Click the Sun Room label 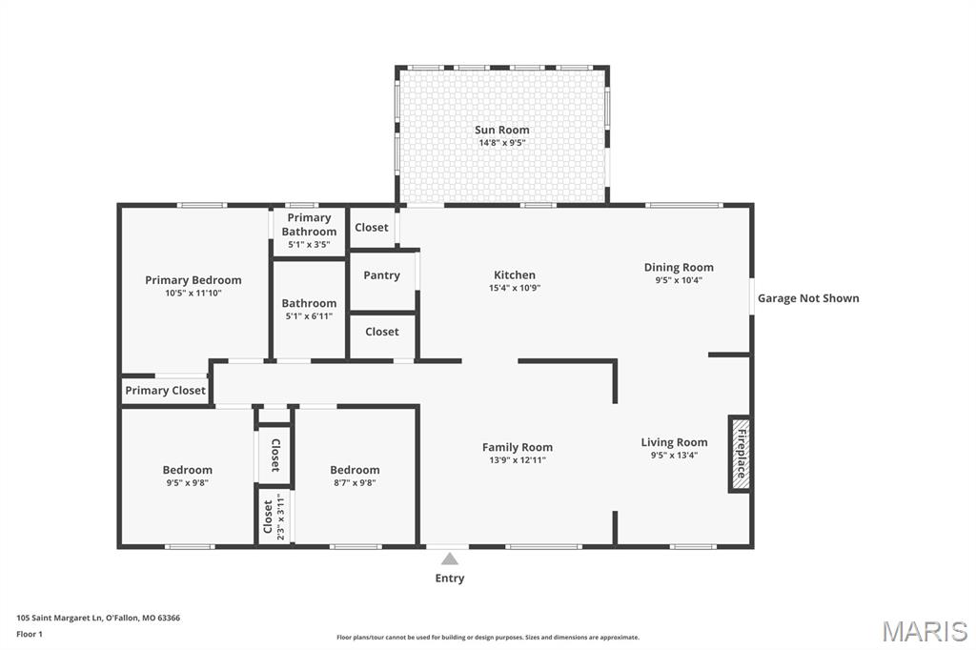[x=501, y=130]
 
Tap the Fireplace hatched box [x=740, y=454]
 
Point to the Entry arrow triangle [x=450, y=559]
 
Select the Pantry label [x=381, y=275]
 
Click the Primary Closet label [x=165, y=391]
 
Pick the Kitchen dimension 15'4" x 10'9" [x=514, y=288]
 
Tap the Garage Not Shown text [x=808, y=298]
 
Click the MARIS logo [x=925, y=631]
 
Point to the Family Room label [x=518, y=447]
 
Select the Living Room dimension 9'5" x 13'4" [x=674, y=456]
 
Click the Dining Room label [x=679, y=267]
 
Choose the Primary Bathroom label [x=309, y=224]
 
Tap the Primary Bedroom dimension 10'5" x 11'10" [x=193, y=294]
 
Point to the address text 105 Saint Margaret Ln [x=59, y=619]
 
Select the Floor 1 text [x=30, y=635]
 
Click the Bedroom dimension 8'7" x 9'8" [x=355, y=482]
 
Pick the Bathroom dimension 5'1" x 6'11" [x=309, y=316]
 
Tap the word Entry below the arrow [x=450, y=579]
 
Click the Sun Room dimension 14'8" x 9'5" [x=501, y=143]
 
